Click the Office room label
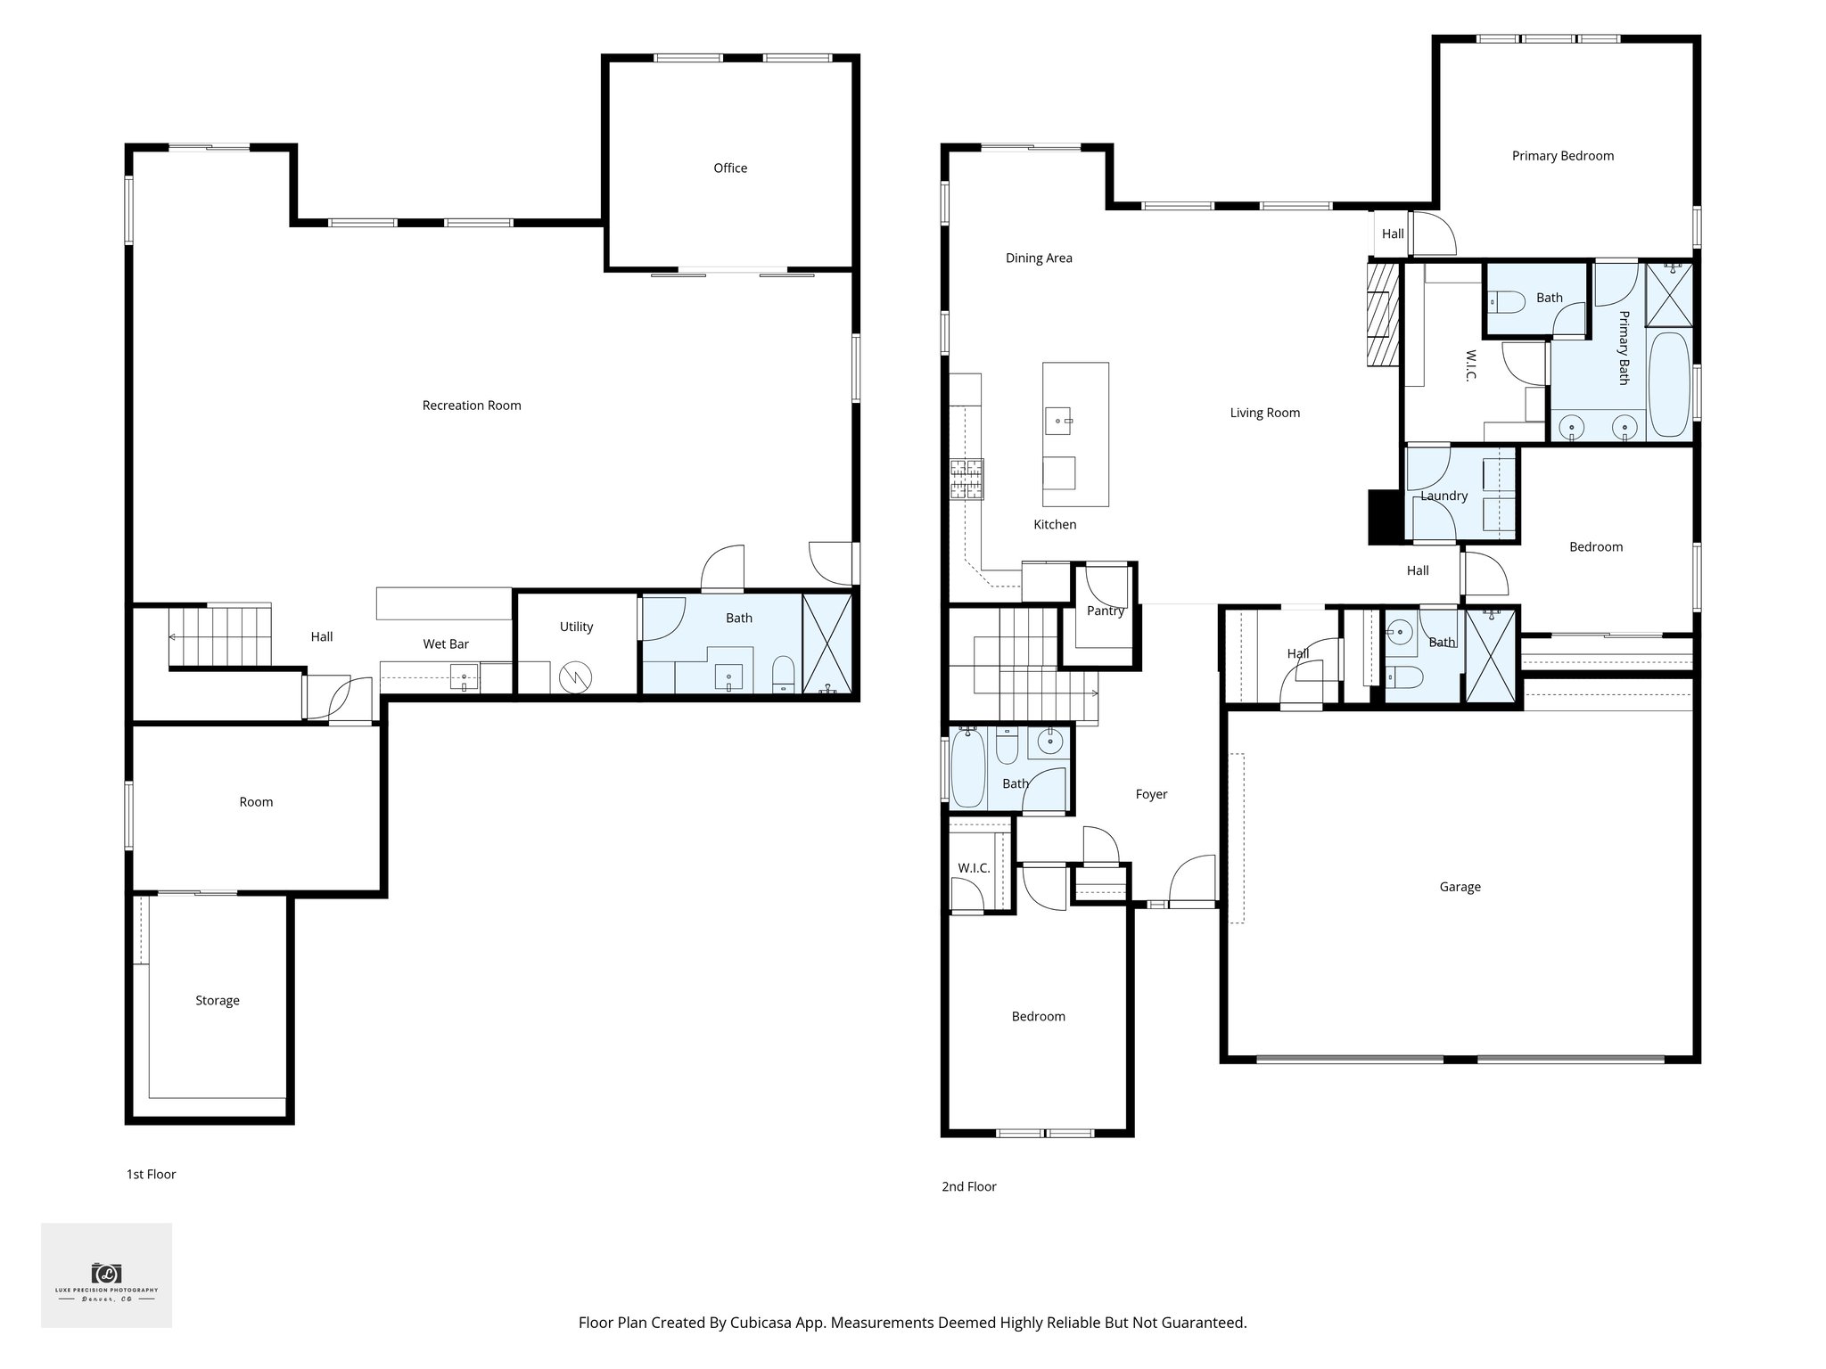[x=730, y=168]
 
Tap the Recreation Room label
[x=472, y=406]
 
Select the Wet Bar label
[x=446, y=644]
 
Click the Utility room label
[x=576, y=627]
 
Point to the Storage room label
[x=218, y=1000]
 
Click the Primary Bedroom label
[x=1562, y=156]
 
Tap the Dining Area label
[x=1039, y=258]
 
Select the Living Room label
[x=1264, y=413]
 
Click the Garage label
[x=1460, y=887]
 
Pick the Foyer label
[x=1151, y=794]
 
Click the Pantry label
[x=1106, y=611]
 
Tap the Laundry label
[x=1444, y=496]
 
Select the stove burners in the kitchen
[x=966, y=479]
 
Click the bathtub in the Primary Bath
[x=1668, y=384]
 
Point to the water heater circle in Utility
[x=575, y=678]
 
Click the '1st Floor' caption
[x=151, y=1174]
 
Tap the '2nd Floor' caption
[x=968, y=1186]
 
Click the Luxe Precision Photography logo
[x=106, y=1275]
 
